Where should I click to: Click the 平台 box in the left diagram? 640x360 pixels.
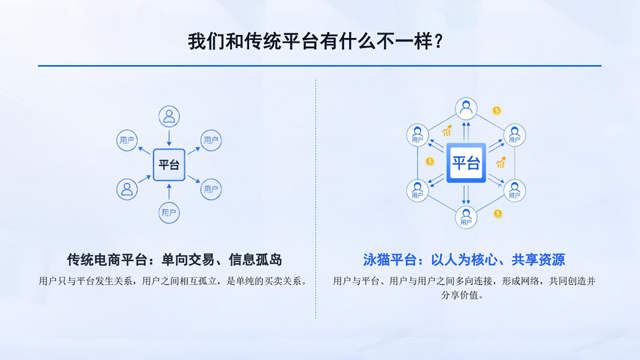pos(169,164)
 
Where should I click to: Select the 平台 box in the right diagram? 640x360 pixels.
pos(466,162)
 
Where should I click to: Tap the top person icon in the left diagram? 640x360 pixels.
pos(169,115)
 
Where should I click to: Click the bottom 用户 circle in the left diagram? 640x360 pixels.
pos(169,212)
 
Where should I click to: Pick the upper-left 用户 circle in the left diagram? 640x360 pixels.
pos(126,139)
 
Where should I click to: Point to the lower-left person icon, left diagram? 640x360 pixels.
pos(127,188)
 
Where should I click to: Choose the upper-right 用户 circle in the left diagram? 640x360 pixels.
pos(211,139)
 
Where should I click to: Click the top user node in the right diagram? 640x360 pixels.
pos(466,108)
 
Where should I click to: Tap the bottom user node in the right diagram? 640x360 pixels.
pos(466,216)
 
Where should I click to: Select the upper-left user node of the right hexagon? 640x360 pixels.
pos(419,135)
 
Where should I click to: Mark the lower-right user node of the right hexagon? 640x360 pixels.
pos(513,189)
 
